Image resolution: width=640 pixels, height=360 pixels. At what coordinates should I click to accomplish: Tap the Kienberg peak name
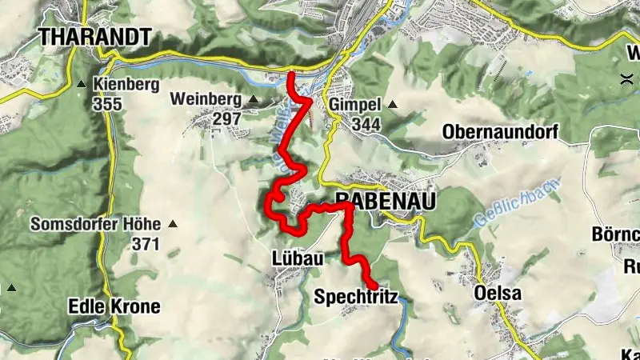coord(126,85)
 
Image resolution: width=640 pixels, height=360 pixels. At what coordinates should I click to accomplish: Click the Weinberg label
coord(206,99)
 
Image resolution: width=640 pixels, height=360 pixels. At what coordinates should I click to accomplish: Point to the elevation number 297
coord(227,118)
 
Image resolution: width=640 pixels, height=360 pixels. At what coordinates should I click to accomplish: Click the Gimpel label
coord(353,104)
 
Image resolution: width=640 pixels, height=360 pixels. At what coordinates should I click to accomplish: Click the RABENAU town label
coord(386,202)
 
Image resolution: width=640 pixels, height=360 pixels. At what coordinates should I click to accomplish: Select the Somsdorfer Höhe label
coord(95,225)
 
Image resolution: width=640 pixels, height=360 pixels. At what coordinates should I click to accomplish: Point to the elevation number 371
coord(146,244)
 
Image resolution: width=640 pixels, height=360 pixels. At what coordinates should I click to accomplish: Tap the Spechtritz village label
coord(355,296)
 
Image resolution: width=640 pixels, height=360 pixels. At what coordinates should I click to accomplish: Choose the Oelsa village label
coord(497,294)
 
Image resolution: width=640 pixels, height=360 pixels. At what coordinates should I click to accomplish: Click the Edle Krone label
coord(114,306)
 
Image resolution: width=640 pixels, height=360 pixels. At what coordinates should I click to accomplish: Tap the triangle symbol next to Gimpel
coord(392,104)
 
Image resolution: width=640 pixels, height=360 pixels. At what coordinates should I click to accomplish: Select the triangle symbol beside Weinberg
coord(254,99)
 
